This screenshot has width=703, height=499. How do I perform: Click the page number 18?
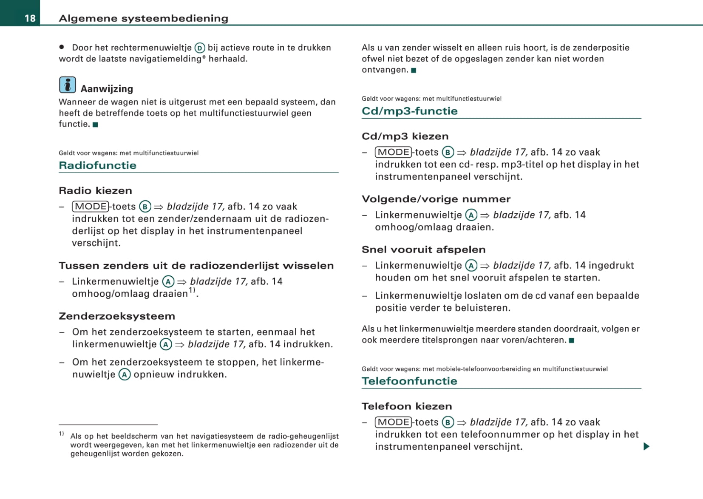pos(30,18)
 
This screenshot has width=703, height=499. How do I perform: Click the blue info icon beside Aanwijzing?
pos(67,85)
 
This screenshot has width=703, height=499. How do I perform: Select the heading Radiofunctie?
pos(97,165)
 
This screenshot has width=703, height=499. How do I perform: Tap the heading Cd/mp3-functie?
pos(409,111)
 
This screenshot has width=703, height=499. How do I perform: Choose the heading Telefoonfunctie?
pos(409,381)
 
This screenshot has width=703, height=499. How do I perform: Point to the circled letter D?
pos(200,48)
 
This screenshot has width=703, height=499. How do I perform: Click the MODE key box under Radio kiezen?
pos(91,207)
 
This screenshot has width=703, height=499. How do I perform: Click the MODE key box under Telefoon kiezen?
pos(393,422)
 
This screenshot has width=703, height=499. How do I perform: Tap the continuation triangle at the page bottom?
pos(646,446)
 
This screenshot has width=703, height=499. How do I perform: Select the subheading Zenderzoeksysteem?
pos(117,316)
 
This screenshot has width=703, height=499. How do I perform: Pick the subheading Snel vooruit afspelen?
pos(423,249)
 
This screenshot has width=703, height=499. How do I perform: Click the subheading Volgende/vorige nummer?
pos(436,199)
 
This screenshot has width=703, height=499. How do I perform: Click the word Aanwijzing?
pos(107,89)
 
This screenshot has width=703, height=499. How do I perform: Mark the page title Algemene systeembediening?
pos(143,18)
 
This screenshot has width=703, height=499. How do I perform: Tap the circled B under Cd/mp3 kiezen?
pos(448,152)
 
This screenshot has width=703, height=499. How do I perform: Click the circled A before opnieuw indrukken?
pos(124,374)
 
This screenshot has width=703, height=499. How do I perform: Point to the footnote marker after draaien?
pos(192,290)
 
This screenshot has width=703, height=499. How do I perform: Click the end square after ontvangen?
pos(414,70)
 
